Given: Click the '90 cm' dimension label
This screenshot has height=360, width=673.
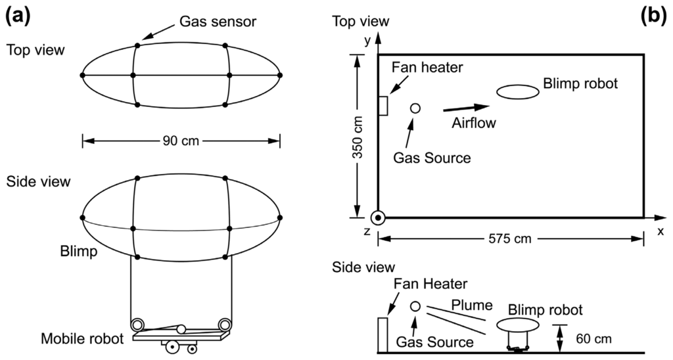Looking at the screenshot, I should pos(181,139).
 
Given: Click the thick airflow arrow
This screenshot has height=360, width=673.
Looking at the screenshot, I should pos(467,108).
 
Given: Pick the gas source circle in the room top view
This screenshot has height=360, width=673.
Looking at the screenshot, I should pos(415,108).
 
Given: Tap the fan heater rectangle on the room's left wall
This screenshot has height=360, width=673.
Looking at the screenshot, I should pos(383,106).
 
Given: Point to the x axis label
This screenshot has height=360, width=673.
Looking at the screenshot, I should pos(660,231).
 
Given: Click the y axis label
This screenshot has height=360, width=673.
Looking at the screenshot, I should pos(367,42).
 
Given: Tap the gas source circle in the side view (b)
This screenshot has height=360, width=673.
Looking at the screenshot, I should pos(415,306).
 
